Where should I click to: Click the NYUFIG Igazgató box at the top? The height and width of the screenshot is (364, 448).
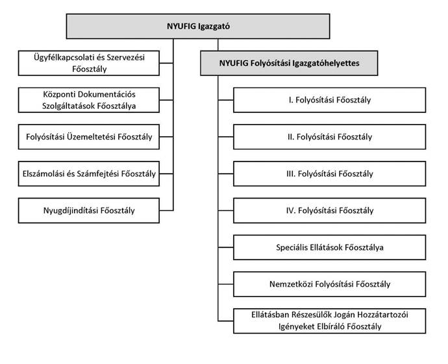tap(198, 26)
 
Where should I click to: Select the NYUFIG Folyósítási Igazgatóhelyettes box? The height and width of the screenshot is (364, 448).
tap(289, 63)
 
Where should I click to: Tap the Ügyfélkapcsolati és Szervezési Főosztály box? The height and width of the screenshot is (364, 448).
tap(89, 63)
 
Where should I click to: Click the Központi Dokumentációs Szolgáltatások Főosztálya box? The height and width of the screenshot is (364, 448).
tap(89, 100)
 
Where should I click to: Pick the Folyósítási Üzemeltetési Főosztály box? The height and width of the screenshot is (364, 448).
tap(89, 137)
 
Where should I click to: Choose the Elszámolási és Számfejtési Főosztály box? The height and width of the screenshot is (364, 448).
tap(89, 174)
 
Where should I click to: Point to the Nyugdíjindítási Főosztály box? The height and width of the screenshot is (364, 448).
tap(89, 210)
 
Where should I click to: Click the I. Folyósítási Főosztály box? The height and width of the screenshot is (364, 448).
tap(329, 100)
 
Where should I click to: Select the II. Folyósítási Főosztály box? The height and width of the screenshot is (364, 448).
tap(329, 137)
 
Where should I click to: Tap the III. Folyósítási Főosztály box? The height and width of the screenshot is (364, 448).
tap(329, 174)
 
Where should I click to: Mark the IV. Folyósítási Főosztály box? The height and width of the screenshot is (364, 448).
tap(329, 210)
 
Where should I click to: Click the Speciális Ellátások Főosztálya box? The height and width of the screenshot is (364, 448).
tap(329, 247)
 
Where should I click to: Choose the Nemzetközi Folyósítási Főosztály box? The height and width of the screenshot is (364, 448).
tap(329, 284)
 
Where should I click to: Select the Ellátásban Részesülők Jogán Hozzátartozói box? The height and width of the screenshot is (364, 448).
tap(329, 321)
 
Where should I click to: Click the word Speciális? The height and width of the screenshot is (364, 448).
tap(292, 247)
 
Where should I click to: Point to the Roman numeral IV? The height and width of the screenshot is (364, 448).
tap(290, 211)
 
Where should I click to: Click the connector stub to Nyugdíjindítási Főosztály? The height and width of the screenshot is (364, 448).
tap(166, 211)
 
